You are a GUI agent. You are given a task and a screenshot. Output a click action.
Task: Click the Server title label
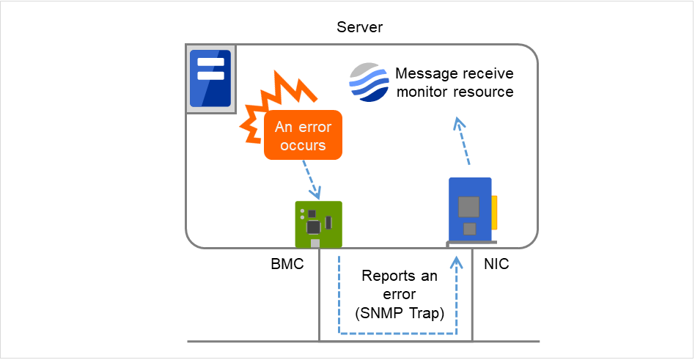click(359, 27)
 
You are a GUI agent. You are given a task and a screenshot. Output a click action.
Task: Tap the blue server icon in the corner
click(210, 78)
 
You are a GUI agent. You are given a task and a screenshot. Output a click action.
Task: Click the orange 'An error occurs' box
click(303, 136)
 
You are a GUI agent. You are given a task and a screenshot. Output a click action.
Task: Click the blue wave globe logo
click(369, 83)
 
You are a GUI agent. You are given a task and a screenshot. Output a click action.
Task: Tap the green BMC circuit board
click(318, 223)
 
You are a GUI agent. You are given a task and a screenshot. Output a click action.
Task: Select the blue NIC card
click(470, 209)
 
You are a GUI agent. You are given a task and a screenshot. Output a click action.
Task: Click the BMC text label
click(287, 264)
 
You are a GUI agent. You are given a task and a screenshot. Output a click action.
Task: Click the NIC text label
click(496, 264)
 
